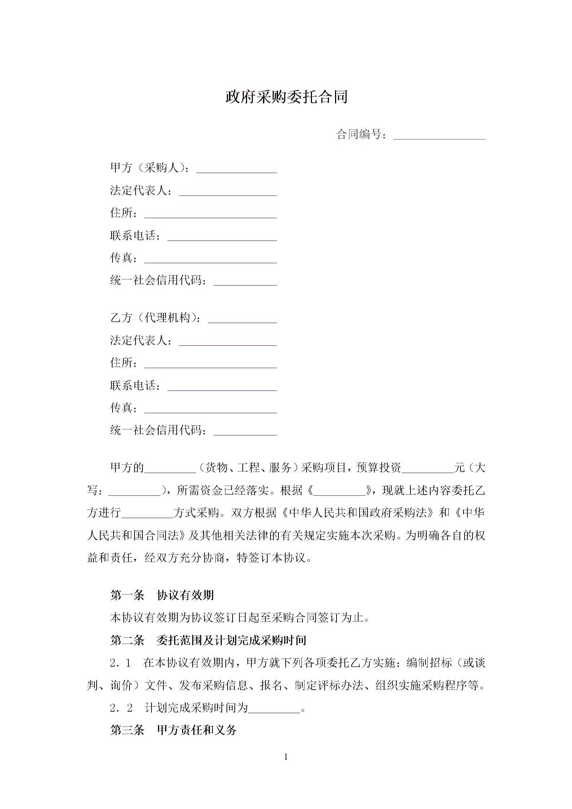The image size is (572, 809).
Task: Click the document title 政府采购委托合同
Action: coord(286,97)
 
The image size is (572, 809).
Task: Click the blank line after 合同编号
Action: coord(439,135)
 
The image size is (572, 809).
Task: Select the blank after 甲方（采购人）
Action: coord(236,169)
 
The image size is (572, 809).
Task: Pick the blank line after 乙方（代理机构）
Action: coord(242,319)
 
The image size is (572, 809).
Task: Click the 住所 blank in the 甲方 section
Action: coord(210,214)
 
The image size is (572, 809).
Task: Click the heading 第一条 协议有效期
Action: coord(162,595)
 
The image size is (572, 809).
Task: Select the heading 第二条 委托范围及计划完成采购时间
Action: coord(208,640)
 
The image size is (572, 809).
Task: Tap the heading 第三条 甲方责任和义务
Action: coord(173,730)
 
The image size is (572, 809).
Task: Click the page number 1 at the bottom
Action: coord(286,757)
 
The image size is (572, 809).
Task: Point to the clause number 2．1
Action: coord(120,663)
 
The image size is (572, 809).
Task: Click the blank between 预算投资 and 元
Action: coord(428,469)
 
